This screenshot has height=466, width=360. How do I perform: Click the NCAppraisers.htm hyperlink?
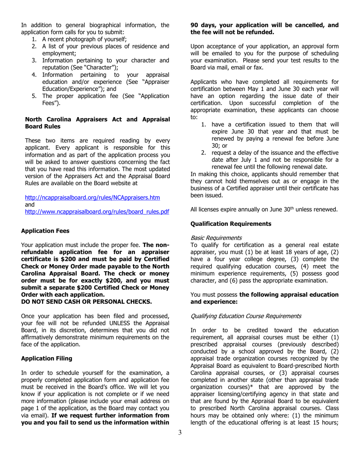(x=92, y=198)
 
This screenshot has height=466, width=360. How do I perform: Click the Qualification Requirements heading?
(x=231, y=224)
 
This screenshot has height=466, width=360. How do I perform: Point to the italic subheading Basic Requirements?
(x=216, y=238)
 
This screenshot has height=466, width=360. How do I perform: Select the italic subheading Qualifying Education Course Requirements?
(x=246, y=316)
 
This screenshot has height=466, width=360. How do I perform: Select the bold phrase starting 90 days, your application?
(x=264, y=29)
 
